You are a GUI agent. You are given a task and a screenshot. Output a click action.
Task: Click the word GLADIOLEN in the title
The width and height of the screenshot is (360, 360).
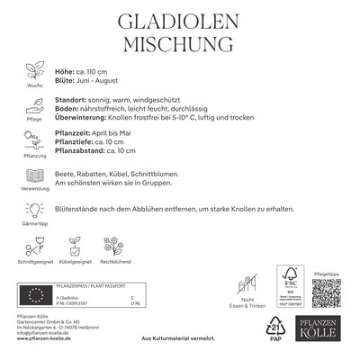click(x=180, y=22)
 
